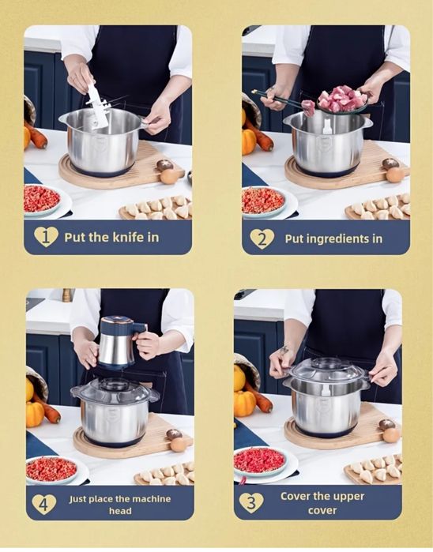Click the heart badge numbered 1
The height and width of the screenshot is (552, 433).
[x=46, y=237]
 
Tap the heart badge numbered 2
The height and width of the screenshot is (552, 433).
[x=262, y=239]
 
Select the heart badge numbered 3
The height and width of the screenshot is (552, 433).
[x=251, y=502]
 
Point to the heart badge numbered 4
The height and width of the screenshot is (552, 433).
[x=44, y=505]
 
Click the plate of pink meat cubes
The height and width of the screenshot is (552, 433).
[x=342, y=100]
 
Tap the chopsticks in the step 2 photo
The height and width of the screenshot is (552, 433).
[x=282, y=100]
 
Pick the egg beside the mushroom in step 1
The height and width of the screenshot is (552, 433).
[x=169, y=177]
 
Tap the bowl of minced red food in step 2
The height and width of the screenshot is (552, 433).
[x=264, y=201]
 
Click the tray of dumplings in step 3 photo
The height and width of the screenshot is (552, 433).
[x=374, y=470]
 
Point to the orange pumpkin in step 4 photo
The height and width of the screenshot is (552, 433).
[x=35, y=415]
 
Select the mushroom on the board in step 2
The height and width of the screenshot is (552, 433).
[x=390, y=163]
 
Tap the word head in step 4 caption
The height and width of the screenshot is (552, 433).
[x=120, y=511]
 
